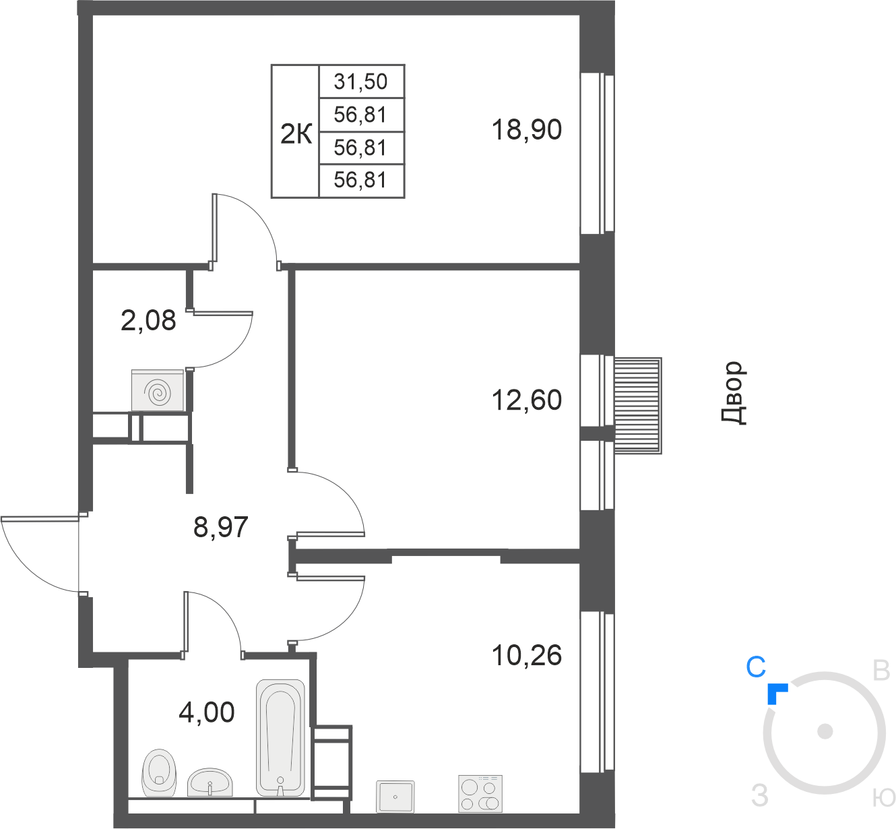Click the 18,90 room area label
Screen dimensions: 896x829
(527, 129)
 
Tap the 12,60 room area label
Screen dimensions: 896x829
(527, 400)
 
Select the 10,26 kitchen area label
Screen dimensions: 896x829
(527, 655)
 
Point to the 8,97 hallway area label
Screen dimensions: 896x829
(220, 527)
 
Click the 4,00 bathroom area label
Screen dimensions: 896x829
(207, 712)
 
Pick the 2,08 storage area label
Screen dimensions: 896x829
(148, 320)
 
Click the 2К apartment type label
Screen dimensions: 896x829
(296, 134)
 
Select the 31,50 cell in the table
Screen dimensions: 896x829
(360, 82)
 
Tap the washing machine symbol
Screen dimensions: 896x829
(158, 390)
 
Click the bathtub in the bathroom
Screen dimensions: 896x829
(280, 737)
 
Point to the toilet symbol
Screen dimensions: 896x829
(159, 772)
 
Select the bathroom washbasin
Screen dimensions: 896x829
(210, 782)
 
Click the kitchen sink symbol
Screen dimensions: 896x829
(395, 796)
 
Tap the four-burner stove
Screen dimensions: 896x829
(480, 794)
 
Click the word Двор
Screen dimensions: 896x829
(734, 393)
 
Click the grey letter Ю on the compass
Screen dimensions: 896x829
(883, 797)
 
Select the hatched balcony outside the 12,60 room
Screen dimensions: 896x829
(638, 406)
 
